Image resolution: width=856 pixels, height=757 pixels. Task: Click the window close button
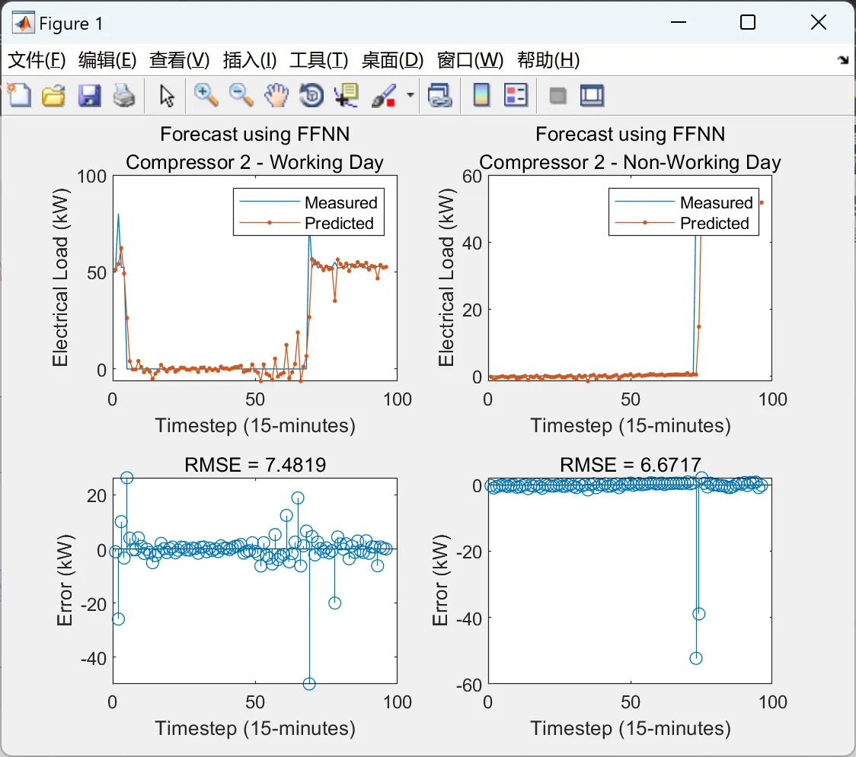(x=818, y=23)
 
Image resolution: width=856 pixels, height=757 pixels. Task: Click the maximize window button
(x=748, y=23)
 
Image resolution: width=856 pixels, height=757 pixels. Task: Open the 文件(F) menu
(x=37, y=61)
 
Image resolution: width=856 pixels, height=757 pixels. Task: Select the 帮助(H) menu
(x=548, y=61)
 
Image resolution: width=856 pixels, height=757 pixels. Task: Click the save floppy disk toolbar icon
(x=89, y=95)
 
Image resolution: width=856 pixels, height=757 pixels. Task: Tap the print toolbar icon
(x=123, y=95)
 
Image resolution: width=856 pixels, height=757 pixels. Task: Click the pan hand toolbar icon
(x=276, y=95)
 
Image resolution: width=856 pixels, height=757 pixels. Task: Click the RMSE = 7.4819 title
(x=255, y=464)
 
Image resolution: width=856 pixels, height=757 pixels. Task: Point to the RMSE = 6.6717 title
(x=630, y=464)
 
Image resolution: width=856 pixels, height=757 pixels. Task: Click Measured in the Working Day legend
(x=340, y=202)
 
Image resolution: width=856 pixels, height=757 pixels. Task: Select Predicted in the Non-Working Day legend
(x=714, y=223)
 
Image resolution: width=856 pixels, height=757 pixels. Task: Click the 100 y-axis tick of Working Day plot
(x=91, y=176)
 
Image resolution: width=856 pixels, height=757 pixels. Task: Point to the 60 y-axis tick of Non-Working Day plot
(x=471, y=176)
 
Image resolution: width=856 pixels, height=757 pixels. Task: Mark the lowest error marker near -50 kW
(x=309, y=683)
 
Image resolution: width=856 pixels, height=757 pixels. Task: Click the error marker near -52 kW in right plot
(x=695, y=658)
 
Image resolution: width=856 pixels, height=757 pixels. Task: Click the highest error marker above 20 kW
(x=126, y=478)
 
